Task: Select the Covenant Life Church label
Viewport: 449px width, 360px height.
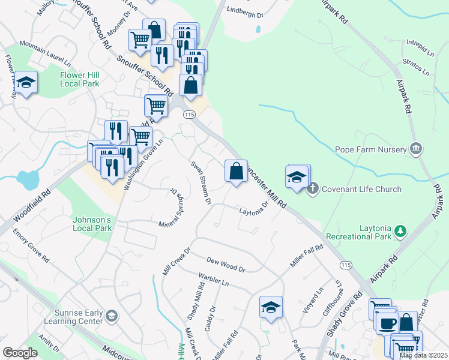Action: pos(361,189)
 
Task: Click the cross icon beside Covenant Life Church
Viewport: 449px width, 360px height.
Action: pos(312,189)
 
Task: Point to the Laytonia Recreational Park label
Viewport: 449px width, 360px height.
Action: pos(359,232)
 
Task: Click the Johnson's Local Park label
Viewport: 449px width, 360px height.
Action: pos(92,223)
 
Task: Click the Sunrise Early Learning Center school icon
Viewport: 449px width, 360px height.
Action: pos(110,316)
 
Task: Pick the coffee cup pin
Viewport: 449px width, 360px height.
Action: pos(387,322)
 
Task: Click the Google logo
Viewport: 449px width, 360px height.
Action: pos(20,353)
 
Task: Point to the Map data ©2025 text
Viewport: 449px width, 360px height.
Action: pos(423,355)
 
